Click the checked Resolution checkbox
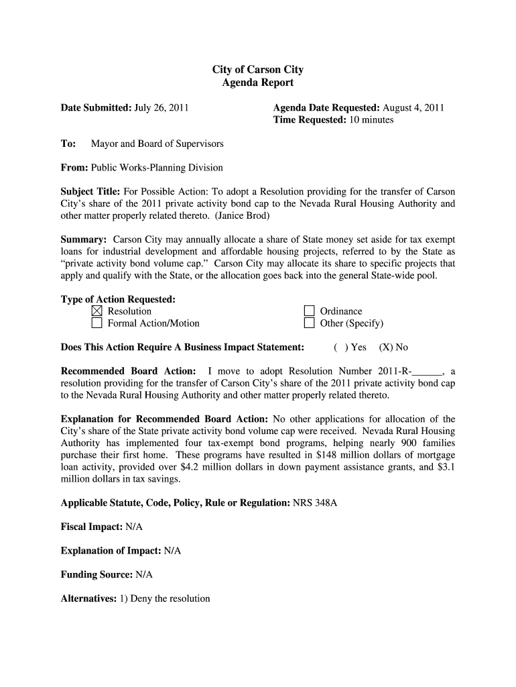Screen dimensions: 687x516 [x=96, y=311]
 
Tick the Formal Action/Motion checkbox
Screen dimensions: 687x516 [x=96, y=323]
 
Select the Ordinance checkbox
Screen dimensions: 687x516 [x=309, y=311]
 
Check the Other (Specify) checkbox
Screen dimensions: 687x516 [x=309, y=323]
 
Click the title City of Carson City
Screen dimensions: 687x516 [x=258, y=70]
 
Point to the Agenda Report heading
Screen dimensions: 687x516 [x=258, y=83]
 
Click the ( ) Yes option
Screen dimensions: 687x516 [x=350, y=348]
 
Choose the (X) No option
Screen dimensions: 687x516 [x=393, y=348]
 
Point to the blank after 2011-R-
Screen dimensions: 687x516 [x=429, y=371]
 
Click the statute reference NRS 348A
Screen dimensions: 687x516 [x=315, y=503]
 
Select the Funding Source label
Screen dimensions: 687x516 [x=96, y=575]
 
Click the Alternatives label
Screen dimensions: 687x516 [x=88, y=598]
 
